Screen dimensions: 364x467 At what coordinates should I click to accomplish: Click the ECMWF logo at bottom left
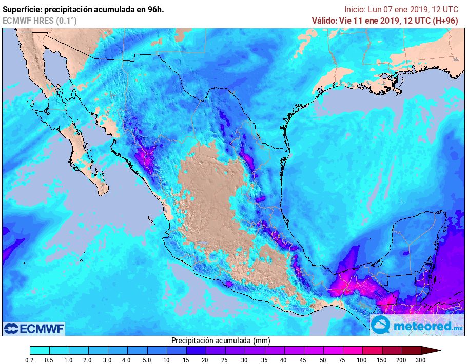34,328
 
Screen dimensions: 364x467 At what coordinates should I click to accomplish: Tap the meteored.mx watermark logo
417,326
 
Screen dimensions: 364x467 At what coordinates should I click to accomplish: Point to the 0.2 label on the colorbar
30,360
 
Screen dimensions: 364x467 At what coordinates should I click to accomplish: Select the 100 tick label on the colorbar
362,360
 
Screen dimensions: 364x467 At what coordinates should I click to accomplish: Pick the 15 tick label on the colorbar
186,360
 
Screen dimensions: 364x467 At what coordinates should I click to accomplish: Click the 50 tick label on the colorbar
322,360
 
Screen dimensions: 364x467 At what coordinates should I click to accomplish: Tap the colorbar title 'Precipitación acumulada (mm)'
221,340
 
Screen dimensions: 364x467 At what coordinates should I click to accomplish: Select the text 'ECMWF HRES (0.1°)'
40,21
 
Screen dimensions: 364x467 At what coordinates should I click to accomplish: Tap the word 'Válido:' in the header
324,21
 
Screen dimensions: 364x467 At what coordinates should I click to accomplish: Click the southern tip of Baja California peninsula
102,193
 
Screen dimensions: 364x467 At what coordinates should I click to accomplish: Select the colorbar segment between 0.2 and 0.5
40,351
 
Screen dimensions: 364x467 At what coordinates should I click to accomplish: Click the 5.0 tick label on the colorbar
147,360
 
